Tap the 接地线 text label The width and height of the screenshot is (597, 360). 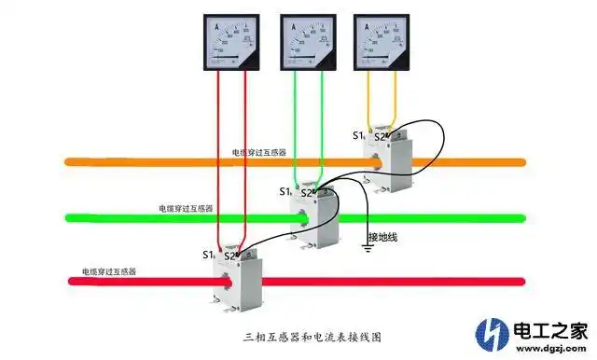pyautogui.click(x=382, y=238)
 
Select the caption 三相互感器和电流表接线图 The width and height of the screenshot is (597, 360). pyautogui.click(x=298, y=337)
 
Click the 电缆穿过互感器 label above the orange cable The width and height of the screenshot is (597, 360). pyautogui.click(x=259, y=151)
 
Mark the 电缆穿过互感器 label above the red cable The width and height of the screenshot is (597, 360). pyautogui.click(x=109, y=271)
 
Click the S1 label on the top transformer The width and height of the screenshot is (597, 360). pyautogui.click(x=358, y=136)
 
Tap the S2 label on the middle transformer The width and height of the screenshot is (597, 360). pyautogui.click(x=306, y=193)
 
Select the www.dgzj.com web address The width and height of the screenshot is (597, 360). pyautogui.click(x=549, y=351)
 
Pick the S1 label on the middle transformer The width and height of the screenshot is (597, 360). pyautogui.click(x=285, y=192)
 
